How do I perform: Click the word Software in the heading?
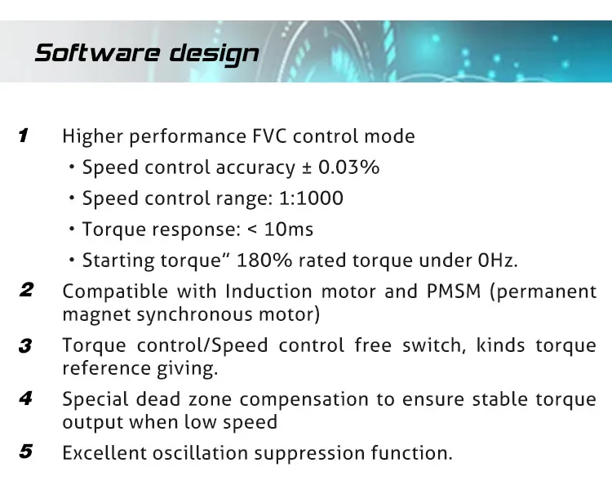coord(98,53)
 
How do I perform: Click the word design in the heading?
coord(215,54)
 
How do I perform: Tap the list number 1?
coord(24,136)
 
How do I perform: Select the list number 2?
coord(26,290)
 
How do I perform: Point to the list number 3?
coord(25,346)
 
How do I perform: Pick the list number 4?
coord(26,398)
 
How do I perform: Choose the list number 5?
coord(26,452)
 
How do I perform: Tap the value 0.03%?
coord(349,167)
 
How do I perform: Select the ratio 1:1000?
coord(311,198)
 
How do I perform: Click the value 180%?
coord(264,260)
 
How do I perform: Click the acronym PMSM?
coord(454,292)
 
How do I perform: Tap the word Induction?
coord(269,292)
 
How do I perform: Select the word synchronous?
coord(194,314)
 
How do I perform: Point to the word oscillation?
coord(200,453)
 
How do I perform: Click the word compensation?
coord(304,400)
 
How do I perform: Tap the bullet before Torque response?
coord(72,229)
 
